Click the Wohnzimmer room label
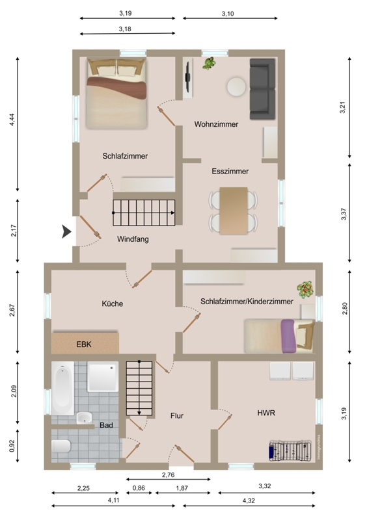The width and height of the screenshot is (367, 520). point(216,124)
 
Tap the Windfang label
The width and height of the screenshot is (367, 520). point(133,239)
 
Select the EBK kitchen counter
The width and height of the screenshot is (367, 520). point(85,343)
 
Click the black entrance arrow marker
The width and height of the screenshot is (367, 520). point(67,231)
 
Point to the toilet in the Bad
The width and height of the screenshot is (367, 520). point(61,446)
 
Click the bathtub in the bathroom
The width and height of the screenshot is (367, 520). point(62,388)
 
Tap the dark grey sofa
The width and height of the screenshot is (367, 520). point(262,89)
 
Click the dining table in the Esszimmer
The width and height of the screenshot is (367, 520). point(234,211)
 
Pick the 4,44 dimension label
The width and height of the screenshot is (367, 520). point(12,120)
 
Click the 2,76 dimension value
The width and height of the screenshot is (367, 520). point(168,475)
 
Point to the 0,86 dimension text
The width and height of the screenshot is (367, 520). point(139,488)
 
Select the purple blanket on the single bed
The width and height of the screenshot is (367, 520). point(288,336)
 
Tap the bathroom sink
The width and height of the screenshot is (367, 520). point(85,417)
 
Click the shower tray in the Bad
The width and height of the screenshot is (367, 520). point(103,377)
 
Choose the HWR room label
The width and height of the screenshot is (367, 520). point(266,413)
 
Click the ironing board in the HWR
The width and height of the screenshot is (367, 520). point(291,450)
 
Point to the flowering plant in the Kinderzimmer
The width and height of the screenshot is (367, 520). point(305,289)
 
